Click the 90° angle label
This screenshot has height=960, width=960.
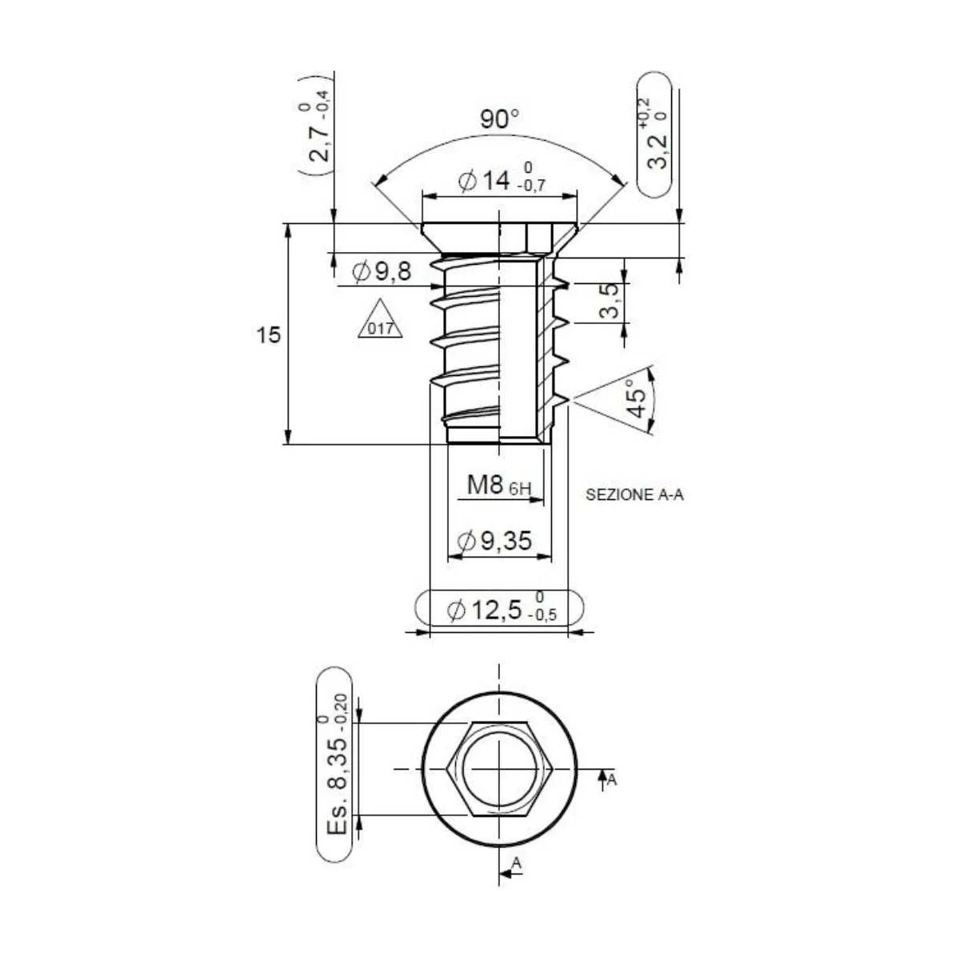coord(499,119)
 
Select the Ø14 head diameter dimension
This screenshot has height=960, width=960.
coord(501,182)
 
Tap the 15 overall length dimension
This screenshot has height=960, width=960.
coord(269,334)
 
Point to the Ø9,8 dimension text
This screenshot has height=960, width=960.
coord(382,272)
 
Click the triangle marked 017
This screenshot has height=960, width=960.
coord(380,319)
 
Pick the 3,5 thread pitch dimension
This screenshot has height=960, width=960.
coord(608,301)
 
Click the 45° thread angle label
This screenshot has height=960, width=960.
coord(636,398)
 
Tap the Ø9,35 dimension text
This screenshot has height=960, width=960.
coord(495,541)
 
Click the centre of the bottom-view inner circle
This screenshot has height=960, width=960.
coord(500,769)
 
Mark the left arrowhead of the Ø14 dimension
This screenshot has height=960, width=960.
coord(429,196)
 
